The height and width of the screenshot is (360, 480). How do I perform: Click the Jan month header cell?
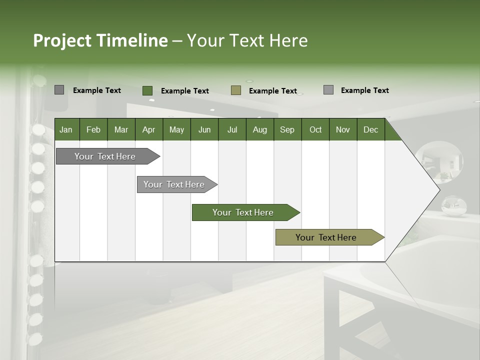[66, 129]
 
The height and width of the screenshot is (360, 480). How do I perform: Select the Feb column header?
[93, 129]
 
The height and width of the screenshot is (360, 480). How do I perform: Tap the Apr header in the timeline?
[149, 129]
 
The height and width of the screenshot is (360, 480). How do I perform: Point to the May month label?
[176, 129]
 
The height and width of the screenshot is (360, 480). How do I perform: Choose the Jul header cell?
[232, 129]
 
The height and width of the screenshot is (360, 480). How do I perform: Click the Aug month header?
[260, 129]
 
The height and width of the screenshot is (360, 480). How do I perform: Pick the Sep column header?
[287, 129]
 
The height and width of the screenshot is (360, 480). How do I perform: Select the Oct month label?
[315, 129]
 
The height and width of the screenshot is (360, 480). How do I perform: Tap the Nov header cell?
[343, 129]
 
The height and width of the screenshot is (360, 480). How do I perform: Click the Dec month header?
[371, 129]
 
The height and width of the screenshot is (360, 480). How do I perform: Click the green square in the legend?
[147, 90]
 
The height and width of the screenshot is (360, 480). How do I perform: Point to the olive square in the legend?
[236, 90]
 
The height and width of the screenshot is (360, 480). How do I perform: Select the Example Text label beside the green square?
[185, 91]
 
